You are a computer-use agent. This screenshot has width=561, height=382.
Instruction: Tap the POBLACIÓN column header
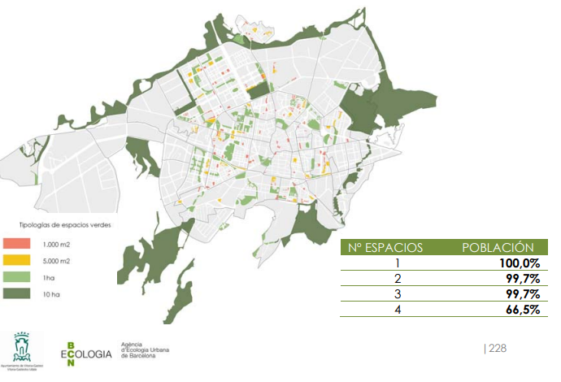tap(497, 248)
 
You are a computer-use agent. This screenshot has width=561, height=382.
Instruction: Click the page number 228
tap(497, 348)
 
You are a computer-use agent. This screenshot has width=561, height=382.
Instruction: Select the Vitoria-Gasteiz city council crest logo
tap(22, 347)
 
